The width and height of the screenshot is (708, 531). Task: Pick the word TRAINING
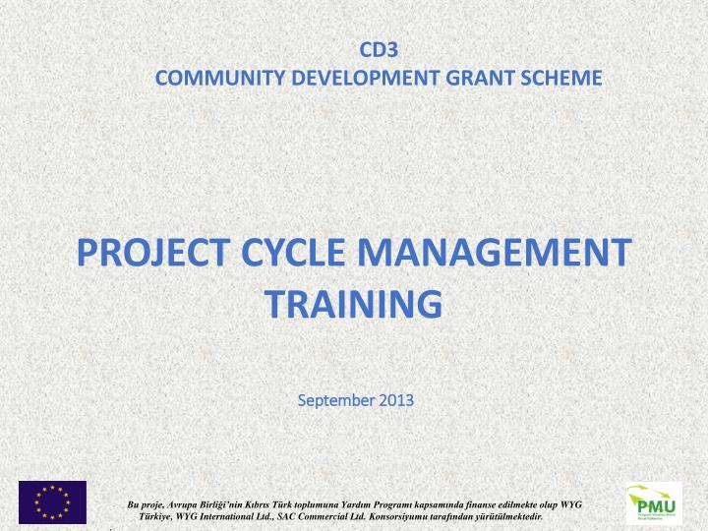tap(354, 304)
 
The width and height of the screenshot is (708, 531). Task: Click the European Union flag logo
tap(52, 501)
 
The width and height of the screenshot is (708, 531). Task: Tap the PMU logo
tap(654, 502)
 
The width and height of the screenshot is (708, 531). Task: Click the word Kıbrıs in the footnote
tap(272, 503)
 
